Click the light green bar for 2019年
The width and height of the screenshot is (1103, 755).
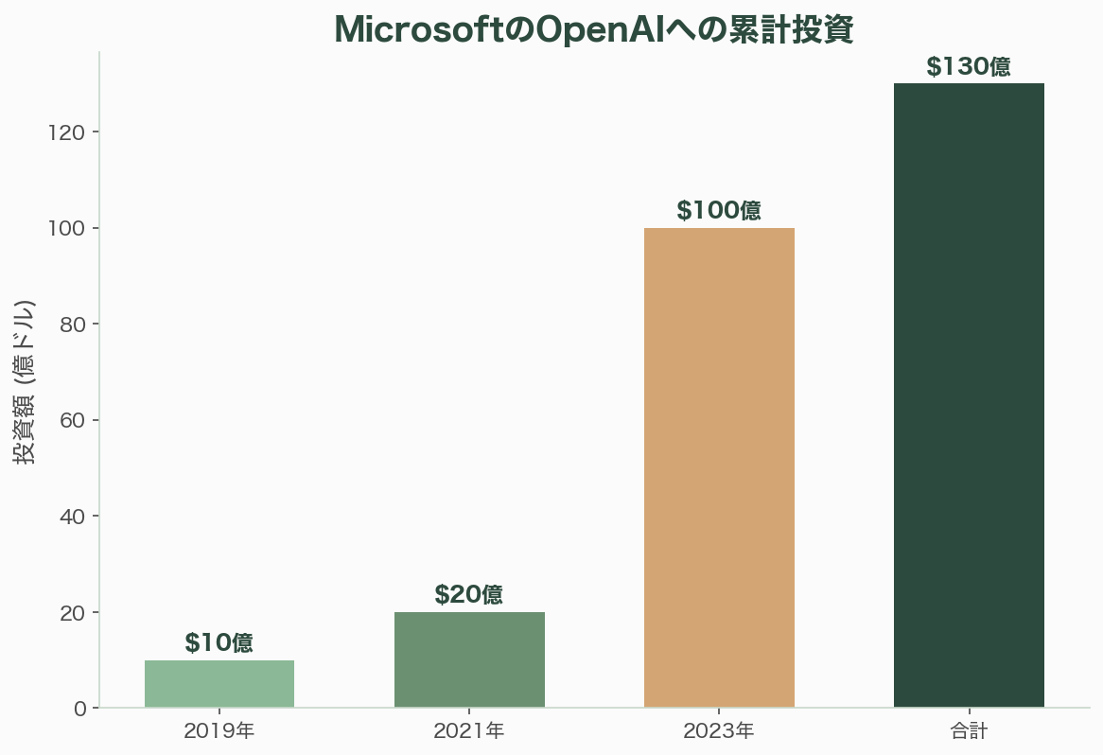219,684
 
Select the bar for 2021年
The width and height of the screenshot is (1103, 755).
469,659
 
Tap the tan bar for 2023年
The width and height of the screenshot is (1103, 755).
719,467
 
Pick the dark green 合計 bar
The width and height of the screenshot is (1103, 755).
969,395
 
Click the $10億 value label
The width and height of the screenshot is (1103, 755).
219,643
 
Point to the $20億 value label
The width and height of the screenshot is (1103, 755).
469,595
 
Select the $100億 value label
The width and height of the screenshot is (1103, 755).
719,211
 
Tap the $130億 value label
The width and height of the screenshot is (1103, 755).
969,67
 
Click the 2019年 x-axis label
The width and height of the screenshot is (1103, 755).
219,730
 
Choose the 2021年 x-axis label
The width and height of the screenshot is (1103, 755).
469,730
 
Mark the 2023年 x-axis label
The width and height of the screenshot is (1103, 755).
719,730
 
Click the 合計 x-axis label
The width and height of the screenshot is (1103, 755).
969,730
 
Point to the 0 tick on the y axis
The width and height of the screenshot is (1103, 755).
79,709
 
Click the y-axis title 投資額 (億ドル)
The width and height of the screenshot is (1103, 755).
24,381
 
